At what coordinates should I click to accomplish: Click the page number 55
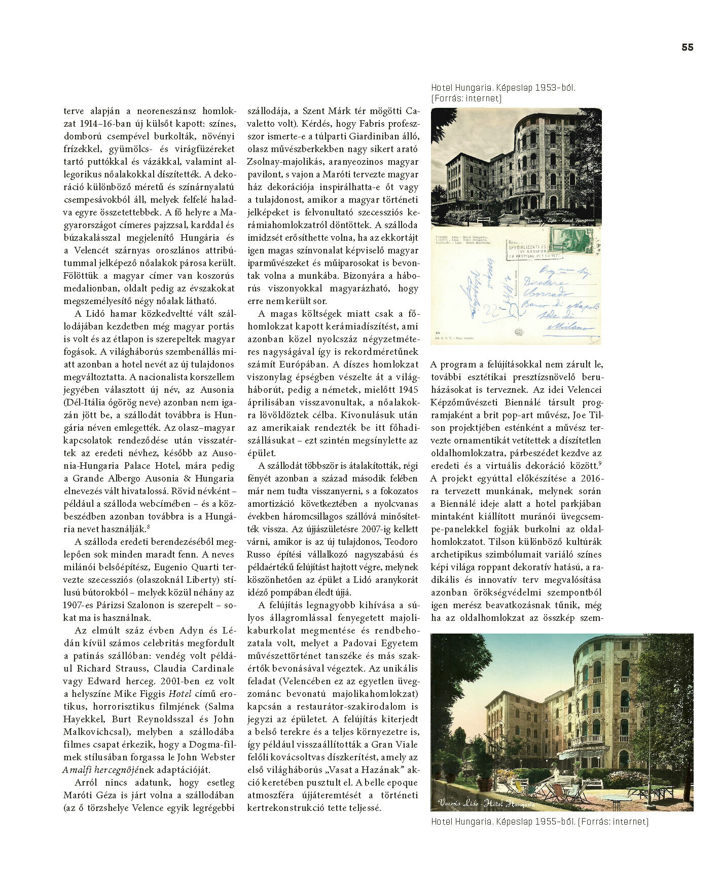[x=687, y=47]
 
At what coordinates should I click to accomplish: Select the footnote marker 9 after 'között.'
[x=600, y=462]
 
